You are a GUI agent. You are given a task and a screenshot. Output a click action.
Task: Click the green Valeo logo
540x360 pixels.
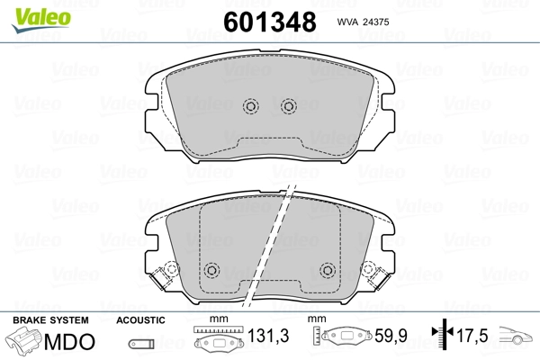[41, 20]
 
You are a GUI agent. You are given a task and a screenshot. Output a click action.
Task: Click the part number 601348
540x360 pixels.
[270, 22]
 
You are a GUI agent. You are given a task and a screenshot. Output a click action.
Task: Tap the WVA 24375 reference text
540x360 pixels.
[363, 22]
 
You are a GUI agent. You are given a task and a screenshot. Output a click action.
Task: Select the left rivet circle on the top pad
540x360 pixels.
[251, 106]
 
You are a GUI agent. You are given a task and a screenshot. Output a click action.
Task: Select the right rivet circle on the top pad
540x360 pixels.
[289, 106]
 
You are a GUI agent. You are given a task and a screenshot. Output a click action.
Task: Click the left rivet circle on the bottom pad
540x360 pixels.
[211, 270]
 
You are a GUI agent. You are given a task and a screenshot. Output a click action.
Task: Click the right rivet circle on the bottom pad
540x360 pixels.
[328, 270]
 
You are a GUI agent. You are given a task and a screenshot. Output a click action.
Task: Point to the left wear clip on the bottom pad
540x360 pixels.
[165, 274]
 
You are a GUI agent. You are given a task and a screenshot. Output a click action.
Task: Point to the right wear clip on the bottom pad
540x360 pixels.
[375, 274]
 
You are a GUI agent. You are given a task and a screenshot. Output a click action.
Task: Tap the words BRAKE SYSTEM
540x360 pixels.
[50, 320]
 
